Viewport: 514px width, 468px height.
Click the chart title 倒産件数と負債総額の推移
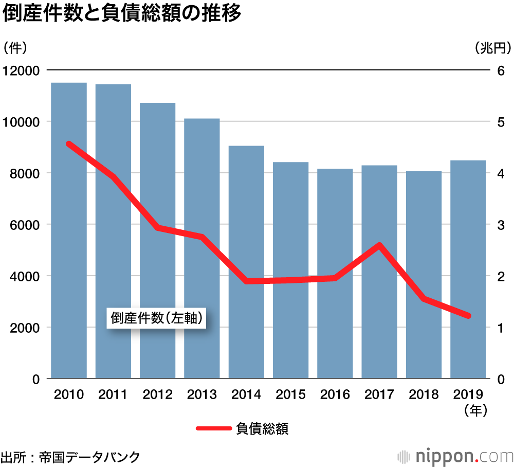point(122,14)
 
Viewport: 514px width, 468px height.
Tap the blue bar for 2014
point(246,262)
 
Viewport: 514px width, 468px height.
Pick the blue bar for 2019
point(468,269)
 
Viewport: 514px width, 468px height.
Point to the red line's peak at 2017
point(379,245)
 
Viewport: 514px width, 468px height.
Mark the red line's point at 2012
point(158,227)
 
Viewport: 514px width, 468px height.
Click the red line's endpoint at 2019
point(468,316)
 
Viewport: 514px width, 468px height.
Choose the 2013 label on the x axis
point(202,395)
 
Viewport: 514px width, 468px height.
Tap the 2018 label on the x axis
point(424,395)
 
